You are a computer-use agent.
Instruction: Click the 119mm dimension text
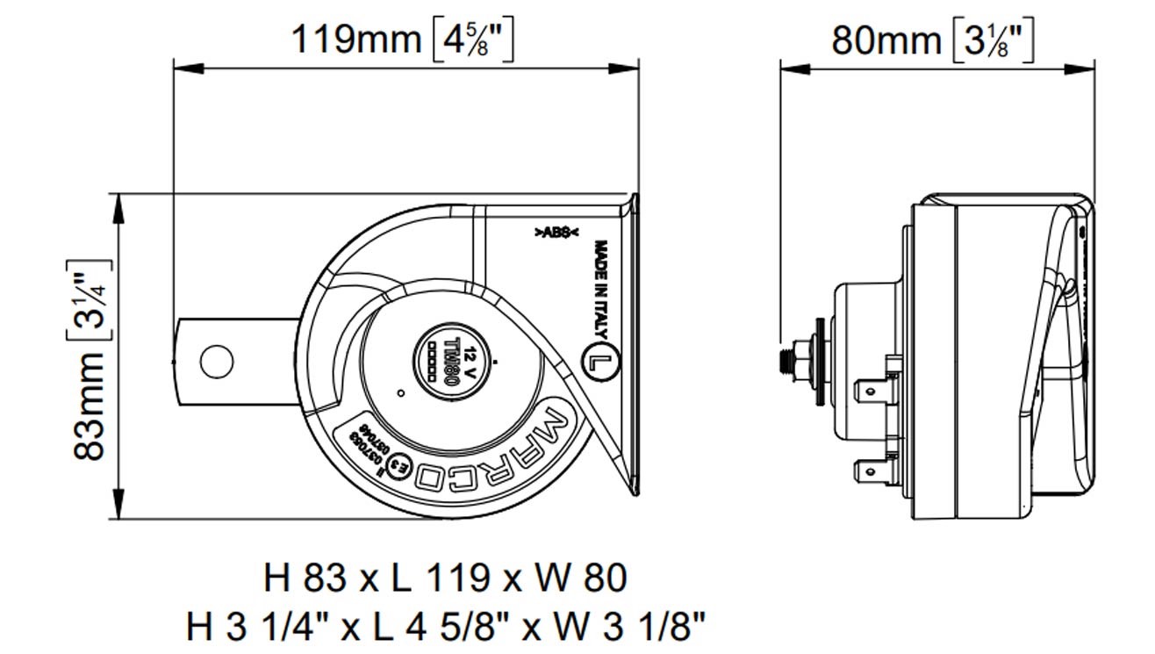click(355, 40)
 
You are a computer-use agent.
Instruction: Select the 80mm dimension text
click(886, 40)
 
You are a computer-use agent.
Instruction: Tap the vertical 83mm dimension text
click(89, 399)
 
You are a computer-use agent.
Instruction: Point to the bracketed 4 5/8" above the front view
click(474, 40)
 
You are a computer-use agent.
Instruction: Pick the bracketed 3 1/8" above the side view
click(992, 40)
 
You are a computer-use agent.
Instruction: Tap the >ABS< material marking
click(556, 233)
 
